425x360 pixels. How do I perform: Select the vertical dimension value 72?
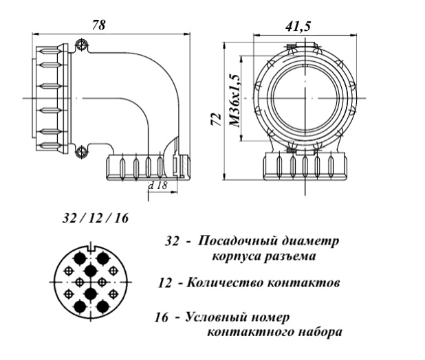214,122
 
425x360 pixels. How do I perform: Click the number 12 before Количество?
165,282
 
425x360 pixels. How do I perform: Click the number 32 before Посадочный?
172,241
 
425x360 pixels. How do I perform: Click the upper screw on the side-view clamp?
82,46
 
